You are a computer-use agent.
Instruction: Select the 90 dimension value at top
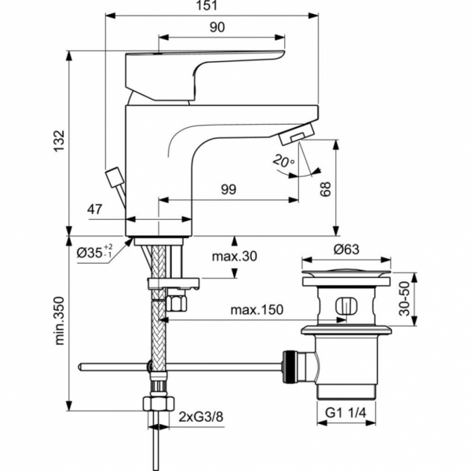coord(217,27)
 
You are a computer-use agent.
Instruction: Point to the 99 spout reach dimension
coord(228,189)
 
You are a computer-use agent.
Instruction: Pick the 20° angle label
coord(283,161)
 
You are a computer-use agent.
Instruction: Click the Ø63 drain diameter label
coord(345,250)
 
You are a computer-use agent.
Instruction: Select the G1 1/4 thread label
coord(345,412)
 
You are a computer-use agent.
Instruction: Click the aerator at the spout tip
coord(298,137)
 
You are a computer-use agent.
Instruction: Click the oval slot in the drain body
coord(345,307)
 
